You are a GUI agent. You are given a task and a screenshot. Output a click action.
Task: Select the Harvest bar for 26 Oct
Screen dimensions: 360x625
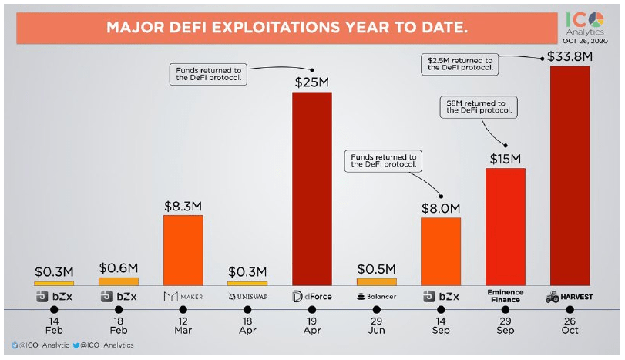(x=570, y=174)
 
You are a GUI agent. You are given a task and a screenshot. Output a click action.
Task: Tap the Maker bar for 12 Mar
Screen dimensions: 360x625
(x=183, y=249)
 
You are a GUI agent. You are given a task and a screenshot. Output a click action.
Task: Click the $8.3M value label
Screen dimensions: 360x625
(x=183, y=207)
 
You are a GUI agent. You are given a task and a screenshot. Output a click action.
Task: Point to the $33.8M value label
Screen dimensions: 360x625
(x=570, y=57)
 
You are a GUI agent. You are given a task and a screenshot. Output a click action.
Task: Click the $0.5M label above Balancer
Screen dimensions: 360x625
(x=376, y=269)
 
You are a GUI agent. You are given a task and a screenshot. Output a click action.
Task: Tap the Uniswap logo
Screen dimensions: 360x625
(x=247, y=296)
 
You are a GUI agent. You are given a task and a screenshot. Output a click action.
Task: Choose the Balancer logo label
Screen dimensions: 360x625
(x=376, y=296)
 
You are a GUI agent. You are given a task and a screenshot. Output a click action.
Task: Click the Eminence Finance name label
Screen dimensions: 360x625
(x=505, y=296)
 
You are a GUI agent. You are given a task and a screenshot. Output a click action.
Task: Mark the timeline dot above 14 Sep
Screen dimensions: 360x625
(x=441, y=309)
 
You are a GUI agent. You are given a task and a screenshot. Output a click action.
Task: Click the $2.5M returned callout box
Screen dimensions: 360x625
(x=460, y=63)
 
